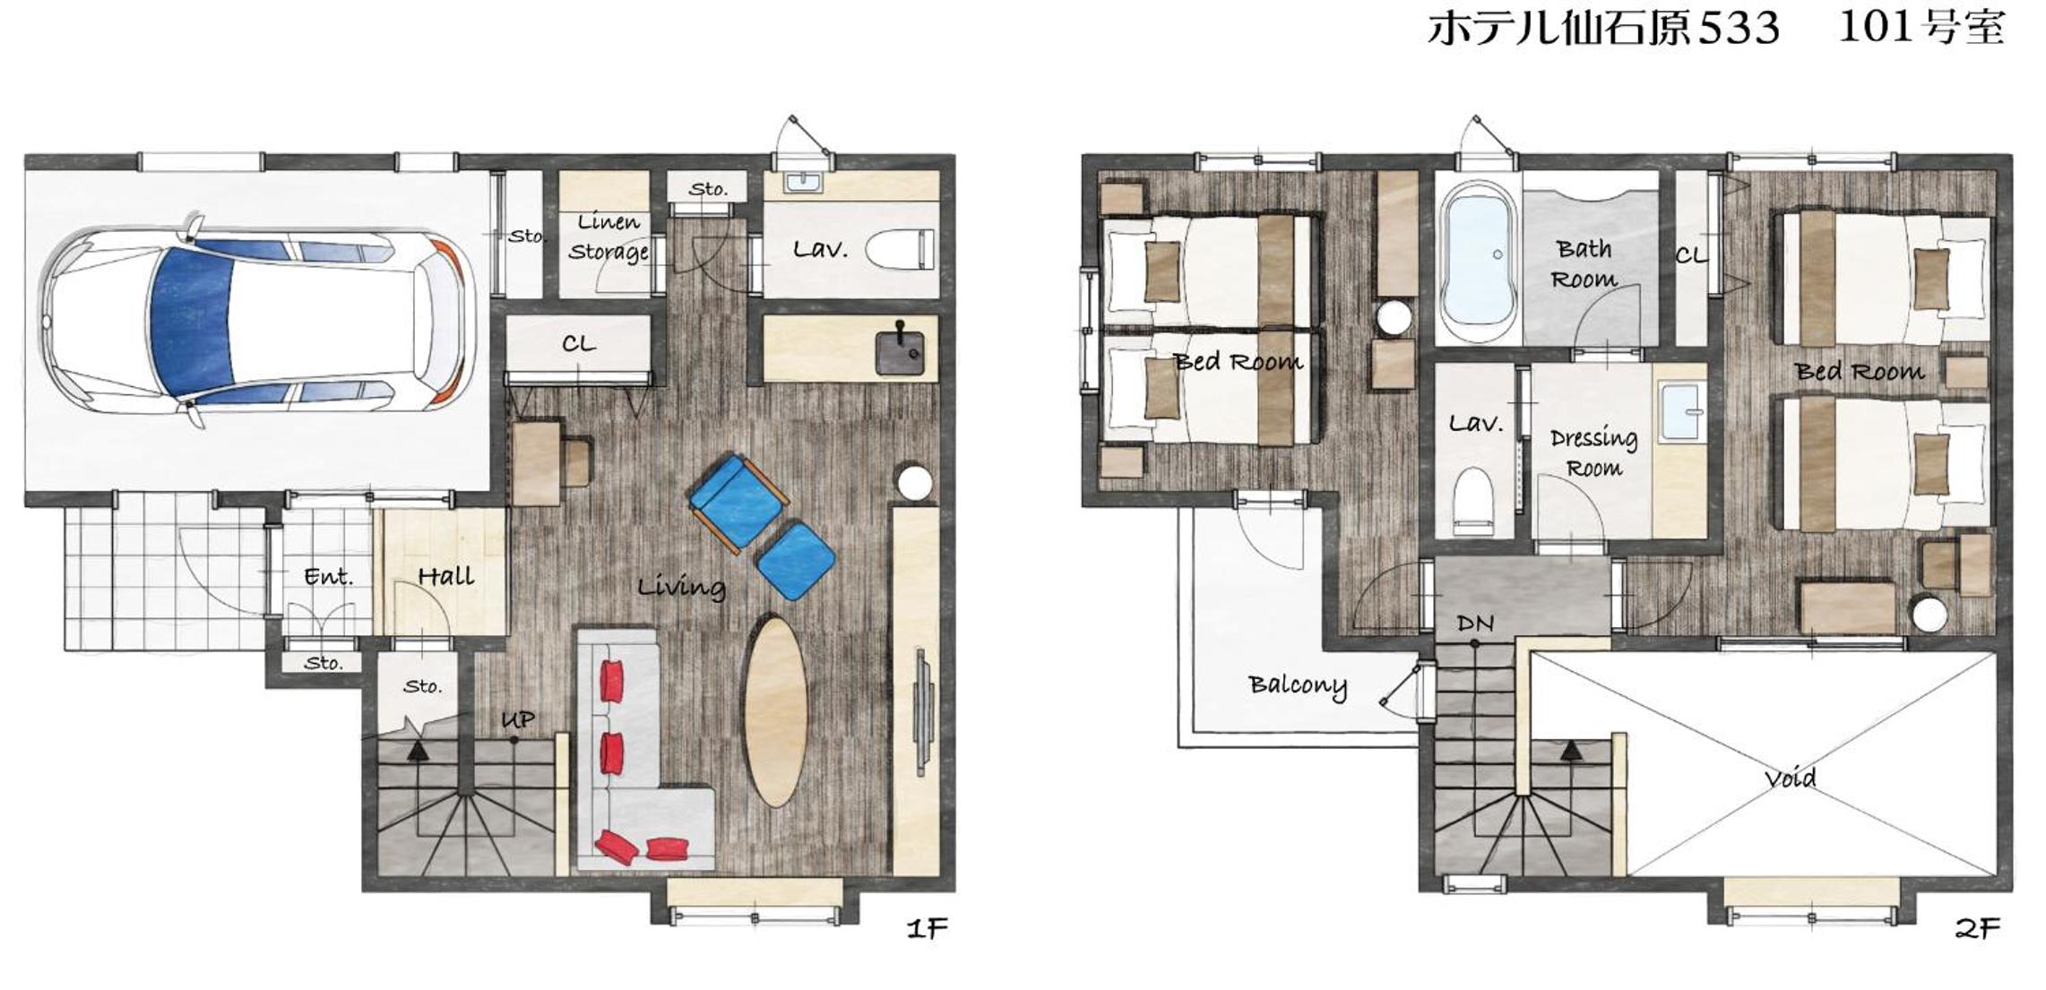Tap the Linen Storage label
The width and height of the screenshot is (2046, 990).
pyautogui.click(x=609, y=237)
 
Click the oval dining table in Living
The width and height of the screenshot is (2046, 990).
pyautogui.click(x=776, y=710)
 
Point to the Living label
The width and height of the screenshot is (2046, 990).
pyautogui.click(x=681, y=587)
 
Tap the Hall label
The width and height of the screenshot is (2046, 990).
pyautogui.click(x=445, y=576)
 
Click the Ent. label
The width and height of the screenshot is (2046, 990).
pyautogui.click(x=328, y=577)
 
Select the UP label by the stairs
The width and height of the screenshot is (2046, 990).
pyautogui.click(x=517, y=719)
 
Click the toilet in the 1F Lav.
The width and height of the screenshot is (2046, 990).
pyautogui.click(x=900, y=248)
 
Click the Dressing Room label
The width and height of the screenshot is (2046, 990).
pyautogui.click(x=1593, y=452)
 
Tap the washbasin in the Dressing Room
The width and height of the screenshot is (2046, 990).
pyautogui.click(x=1680, y=412)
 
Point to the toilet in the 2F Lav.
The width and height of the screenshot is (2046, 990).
pyautogui.click(x=1473, y=500)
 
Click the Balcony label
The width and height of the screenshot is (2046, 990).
pyautogui.click(x=1297, y=685)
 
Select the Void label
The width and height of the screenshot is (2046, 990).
pyautogui.click(x=1790, y=778)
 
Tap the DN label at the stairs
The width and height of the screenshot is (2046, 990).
pyautogui.click(x=1475, y=623)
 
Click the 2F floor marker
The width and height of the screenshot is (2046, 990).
pyautogui.click(x=1976, y=928)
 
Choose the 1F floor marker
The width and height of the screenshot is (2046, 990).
pyautogui.click(x=927, y=928)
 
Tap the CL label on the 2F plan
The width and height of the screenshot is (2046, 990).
pyautogui.click(x=1691, y=256)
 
